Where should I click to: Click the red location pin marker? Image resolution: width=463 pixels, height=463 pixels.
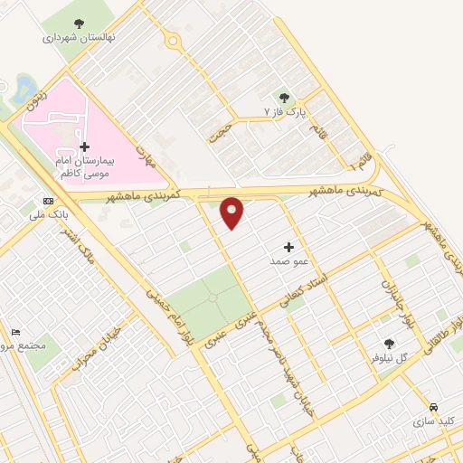[232, 213]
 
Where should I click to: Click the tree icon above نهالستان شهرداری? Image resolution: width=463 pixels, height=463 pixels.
[78, 24]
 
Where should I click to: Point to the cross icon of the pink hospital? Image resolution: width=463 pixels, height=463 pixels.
[84, 146]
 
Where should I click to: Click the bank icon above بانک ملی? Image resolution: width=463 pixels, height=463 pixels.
[48, 202]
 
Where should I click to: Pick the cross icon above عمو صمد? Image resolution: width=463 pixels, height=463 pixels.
[289, 247]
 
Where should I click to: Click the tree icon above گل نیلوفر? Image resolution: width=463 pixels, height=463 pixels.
[389, 344]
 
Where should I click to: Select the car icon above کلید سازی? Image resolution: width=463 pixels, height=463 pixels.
[434, 407]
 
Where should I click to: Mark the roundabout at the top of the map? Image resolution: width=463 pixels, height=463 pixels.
[171, 40]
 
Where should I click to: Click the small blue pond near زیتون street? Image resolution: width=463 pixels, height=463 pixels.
[23, 88]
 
